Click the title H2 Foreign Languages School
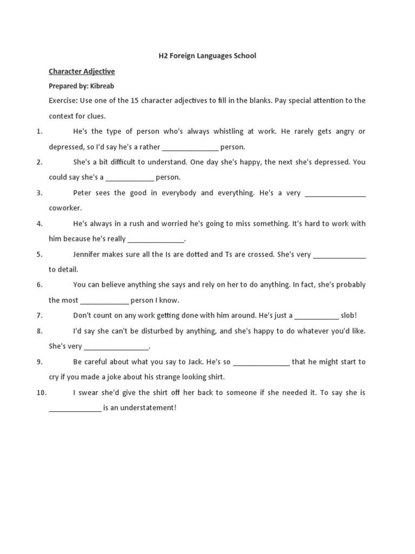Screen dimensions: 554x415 (207, 56)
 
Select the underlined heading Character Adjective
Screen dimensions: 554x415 (82, 71)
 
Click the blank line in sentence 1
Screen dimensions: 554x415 (190, 147)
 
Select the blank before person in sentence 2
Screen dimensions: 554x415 (130, 177)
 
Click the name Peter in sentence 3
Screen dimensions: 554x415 (82, 193)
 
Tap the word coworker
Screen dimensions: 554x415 (65, 208)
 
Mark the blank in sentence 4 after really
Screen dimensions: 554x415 (156, 239)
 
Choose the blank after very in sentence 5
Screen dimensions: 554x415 (339, 254)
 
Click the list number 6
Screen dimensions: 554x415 (39, 285)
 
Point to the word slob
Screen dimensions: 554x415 (349, 315)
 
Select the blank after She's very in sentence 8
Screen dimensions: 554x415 (116, 347)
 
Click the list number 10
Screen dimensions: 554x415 (42, 393)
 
